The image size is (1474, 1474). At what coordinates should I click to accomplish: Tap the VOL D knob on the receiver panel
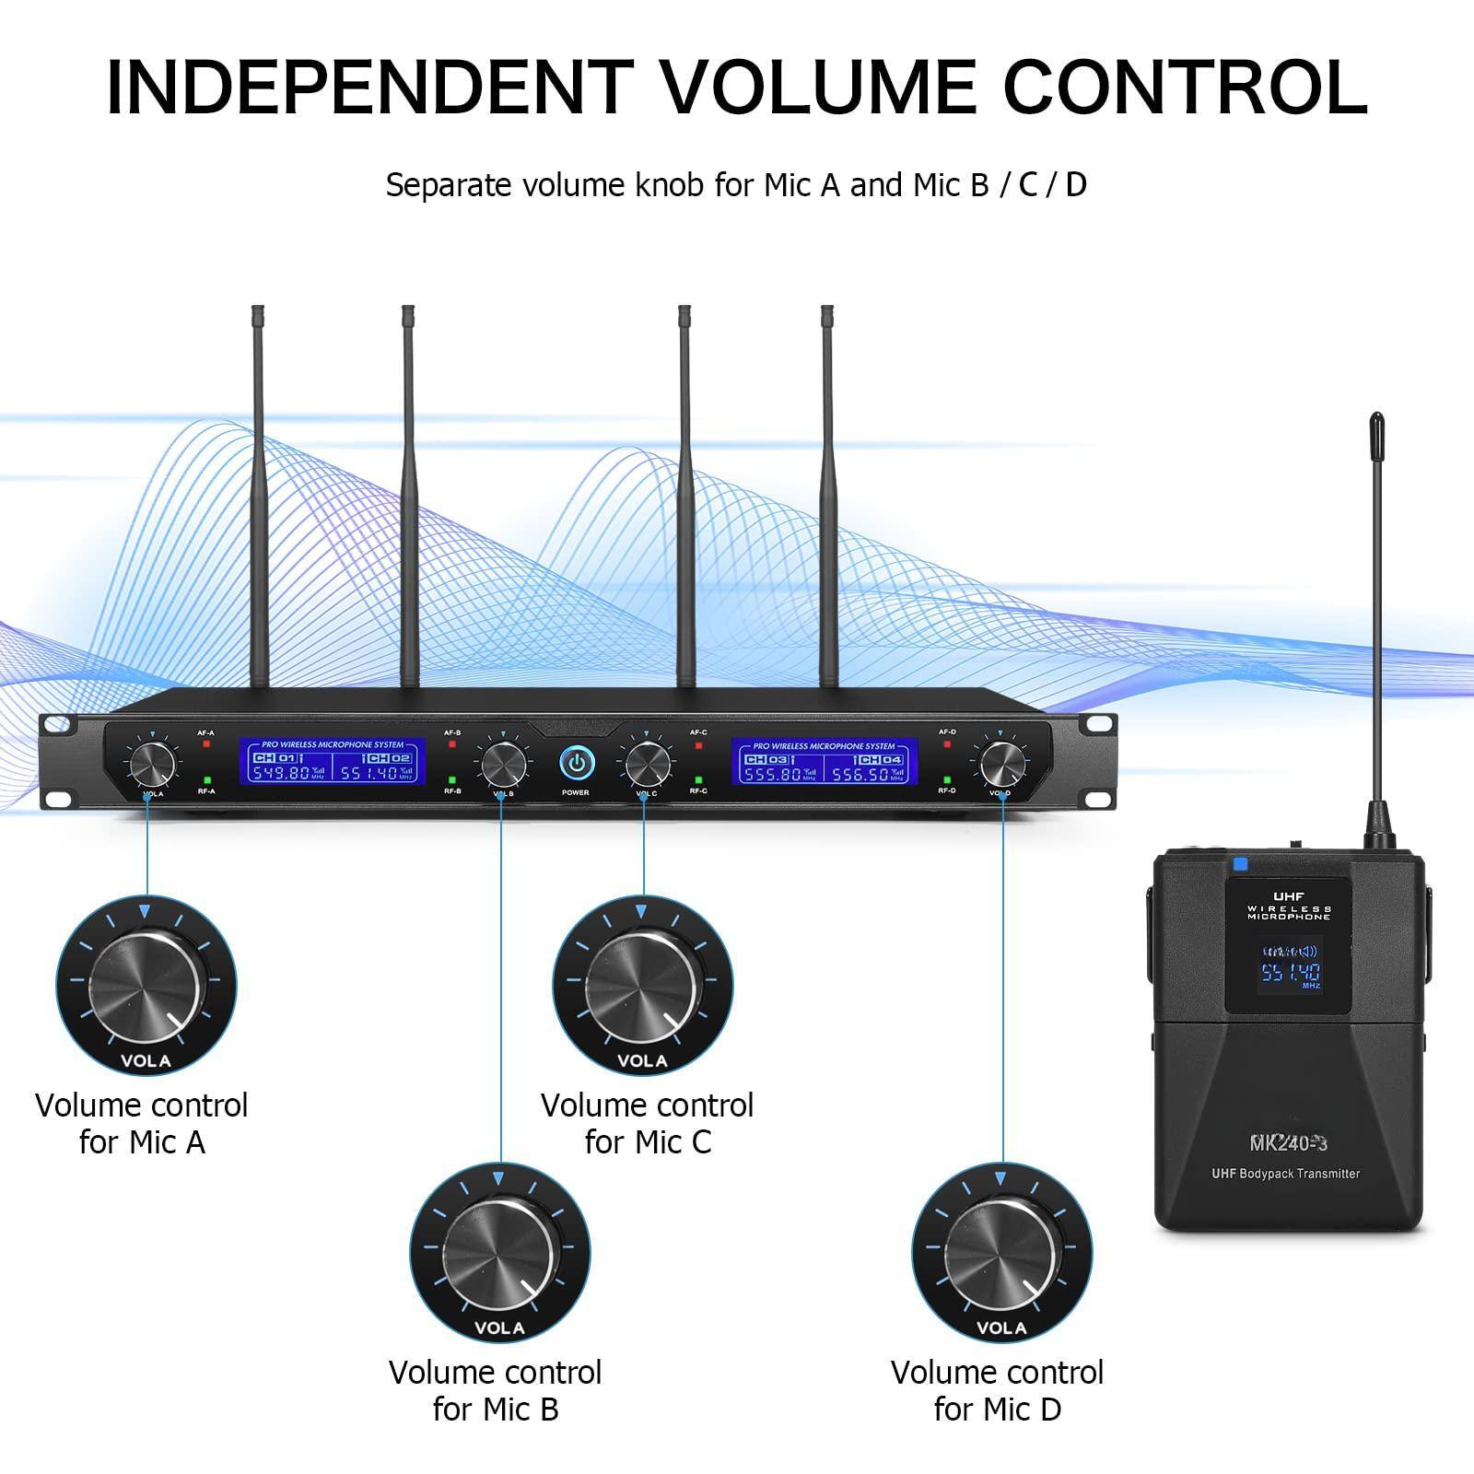point(1001,762)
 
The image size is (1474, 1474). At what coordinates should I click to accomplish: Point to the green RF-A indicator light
point(206,779)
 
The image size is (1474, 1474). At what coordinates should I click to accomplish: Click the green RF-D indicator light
point(947,779)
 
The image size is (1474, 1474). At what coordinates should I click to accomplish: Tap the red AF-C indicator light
point(698,743)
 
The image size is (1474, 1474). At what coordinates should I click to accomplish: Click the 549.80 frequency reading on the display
point(281,773)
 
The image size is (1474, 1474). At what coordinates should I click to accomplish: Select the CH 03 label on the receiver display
point(766,759)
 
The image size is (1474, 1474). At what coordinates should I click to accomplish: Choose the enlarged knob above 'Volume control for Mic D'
point(1001,1253)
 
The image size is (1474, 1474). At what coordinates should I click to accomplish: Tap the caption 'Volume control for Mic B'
point(496,1390)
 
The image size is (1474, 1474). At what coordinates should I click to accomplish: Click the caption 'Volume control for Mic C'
point(647,1123)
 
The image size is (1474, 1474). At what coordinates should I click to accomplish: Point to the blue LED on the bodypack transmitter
point(1239,864)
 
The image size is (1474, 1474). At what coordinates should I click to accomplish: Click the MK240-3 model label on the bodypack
point(1288,1143)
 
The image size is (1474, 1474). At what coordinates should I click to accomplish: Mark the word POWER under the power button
point(576,792)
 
